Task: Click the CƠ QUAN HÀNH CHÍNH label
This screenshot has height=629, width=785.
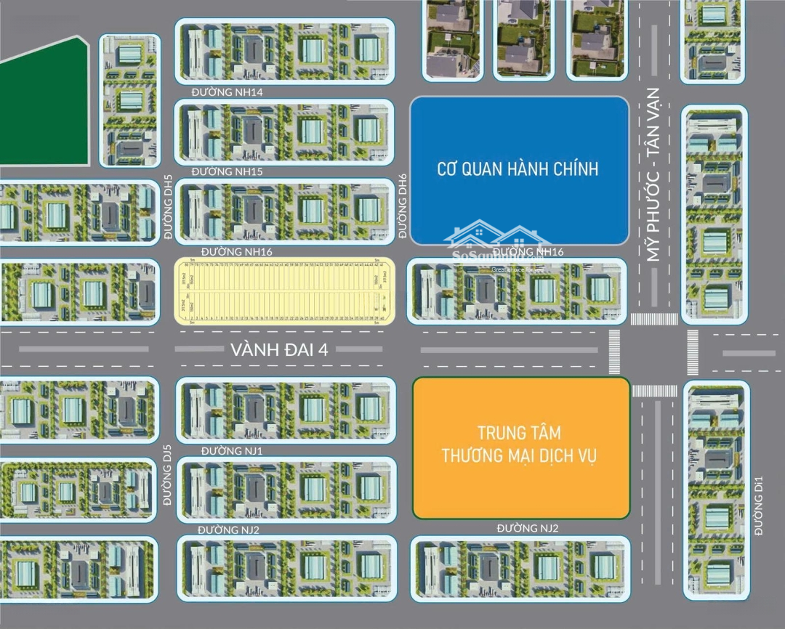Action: pyautogui.click(x=518, y=169)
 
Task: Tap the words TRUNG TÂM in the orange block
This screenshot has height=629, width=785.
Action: pyautogui.click(x=520, y=434)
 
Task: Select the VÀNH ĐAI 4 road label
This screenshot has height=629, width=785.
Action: pyautogui.click(x=280, y=349)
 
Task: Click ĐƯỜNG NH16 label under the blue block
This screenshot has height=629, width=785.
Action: pyautogui.click(x=528, y=251)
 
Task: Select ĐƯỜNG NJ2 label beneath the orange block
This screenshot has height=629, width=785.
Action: pyautogui.click(x=528, y=528)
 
